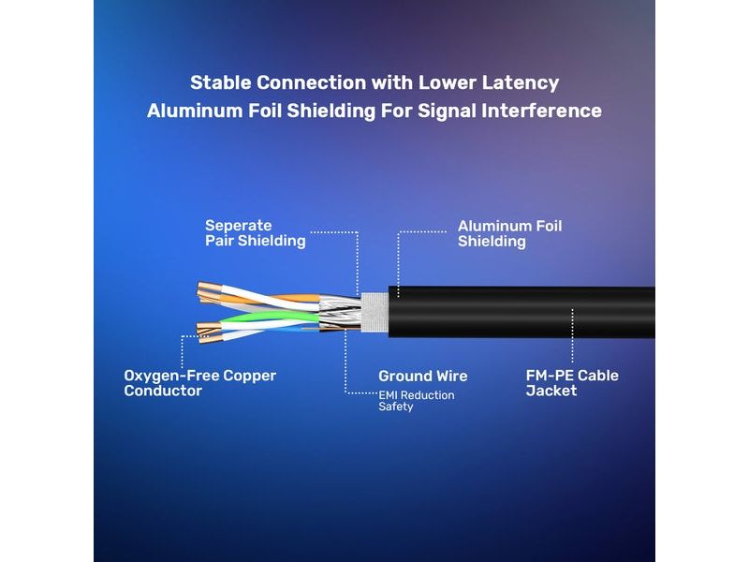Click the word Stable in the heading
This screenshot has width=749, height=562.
click(x=221, y=82)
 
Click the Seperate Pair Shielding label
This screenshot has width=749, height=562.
click(x=255, y=233)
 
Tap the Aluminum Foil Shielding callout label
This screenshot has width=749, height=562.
click(x=509, y=233)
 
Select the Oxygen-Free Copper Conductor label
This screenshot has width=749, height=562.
click(x=199, y=383)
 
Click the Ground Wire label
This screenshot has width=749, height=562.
click(x=423, y=377)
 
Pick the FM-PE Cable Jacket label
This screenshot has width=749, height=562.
click(x=572, y=383)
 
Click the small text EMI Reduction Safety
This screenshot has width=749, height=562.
click(x=416, y=401)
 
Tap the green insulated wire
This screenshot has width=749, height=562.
click(x=270, y=316)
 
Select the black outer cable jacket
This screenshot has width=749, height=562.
click(x=521, y=312)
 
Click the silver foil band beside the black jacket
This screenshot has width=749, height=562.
click(x=374, y=312)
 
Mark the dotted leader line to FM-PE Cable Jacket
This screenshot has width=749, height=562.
click(x=572, y=335)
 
